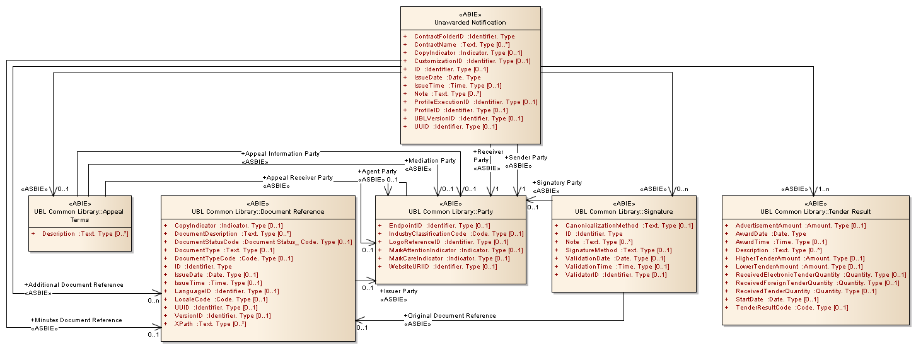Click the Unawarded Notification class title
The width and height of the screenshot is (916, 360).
coord(470,23)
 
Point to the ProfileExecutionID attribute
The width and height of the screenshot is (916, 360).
coord(475,102)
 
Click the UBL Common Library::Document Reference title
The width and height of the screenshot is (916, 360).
coord(258,212)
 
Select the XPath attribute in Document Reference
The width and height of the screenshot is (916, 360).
coord(210,324)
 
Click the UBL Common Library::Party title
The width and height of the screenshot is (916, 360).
coord(451,212)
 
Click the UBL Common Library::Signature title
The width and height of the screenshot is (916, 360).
coord(623,212)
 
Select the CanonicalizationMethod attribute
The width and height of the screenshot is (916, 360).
coord(629,226)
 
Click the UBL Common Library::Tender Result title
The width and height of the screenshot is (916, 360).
coord(816,212)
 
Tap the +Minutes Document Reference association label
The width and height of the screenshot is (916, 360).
coord(76,320)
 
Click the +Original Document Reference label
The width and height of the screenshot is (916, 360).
coord(449,316)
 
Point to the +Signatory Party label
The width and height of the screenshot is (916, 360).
coord(557,183)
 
